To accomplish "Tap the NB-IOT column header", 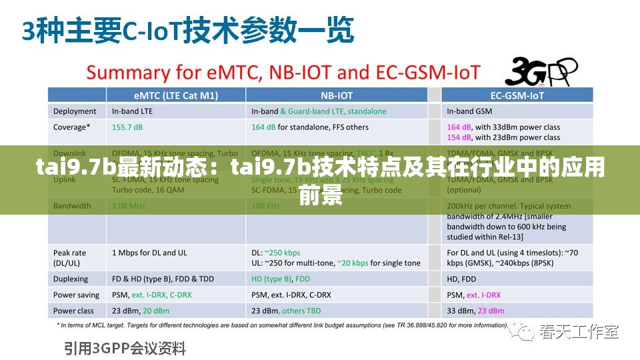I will point(337,95).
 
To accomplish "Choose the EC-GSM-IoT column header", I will point(517,95).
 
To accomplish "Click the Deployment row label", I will point(75,111).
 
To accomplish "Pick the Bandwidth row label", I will point(72,206).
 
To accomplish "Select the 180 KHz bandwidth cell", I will point(265,206).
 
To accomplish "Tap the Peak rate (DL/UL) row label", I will point(71,258).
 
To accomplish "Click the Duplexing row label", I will point(71,279).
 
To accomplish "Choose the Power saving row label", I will point(76,295).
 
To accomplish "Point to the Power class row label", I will point(74,311).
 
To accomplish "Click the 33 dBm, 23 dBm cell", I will point(475,311).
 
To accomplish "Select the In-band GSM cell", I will point(469,111).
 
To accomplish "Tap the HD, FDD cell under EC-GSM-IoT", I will point(461,279).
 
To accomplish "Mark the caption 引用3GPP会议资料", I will point(125,348).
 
